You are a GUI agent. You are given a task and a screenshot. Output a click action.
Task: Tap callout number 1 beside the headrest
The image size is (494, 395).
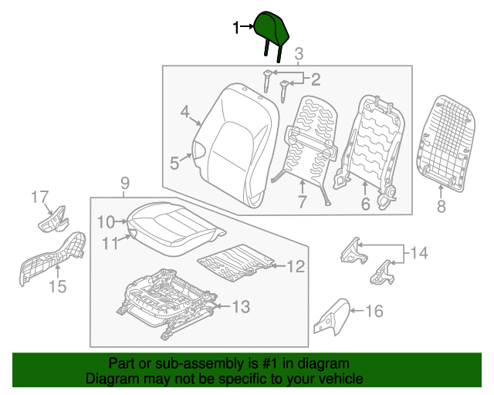pos(238,29)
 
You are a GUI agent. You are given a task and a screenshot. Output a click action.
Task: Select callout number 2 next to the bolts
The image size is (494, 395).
pos(315,78)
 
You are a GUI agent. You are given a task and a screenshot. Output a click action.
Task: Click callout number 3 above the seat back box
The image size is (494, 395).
pos(299,53)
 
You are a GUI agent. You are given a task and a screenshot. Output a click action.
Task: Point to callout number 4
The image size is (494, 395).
pos(185,113)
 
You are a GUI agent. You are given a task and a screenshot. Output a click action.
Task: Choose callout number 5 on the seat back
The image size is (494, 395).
pos(174,163)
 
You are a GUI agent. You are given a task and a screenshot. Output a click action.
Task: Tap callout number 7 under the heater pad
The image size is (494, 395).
pos(302,203)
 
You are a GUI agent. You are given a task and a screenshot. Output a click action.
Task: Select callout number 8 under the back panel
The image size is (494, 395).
pos(441,205)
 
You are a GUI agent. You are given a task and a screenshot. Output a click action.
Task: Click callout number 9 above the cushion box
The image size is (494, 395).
pos(125,183)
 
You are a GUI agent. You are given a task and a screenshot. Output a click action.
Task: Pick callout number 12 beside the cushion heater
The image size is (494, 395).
pos(296,267)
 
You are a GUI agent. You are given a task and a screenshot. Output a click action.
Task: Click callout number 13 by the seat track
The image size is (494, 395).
pos(241,307)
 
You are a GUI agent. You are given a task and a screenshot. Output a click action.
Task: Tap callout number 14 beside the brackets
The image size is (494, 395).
pos(418,252)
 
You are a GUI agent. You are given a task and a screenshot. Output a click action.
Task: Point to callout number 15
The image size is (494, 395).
pos(57,287)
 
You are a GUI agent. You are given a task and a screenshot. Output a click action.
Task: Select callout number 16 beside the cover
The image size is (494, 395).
pos(374,312)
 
